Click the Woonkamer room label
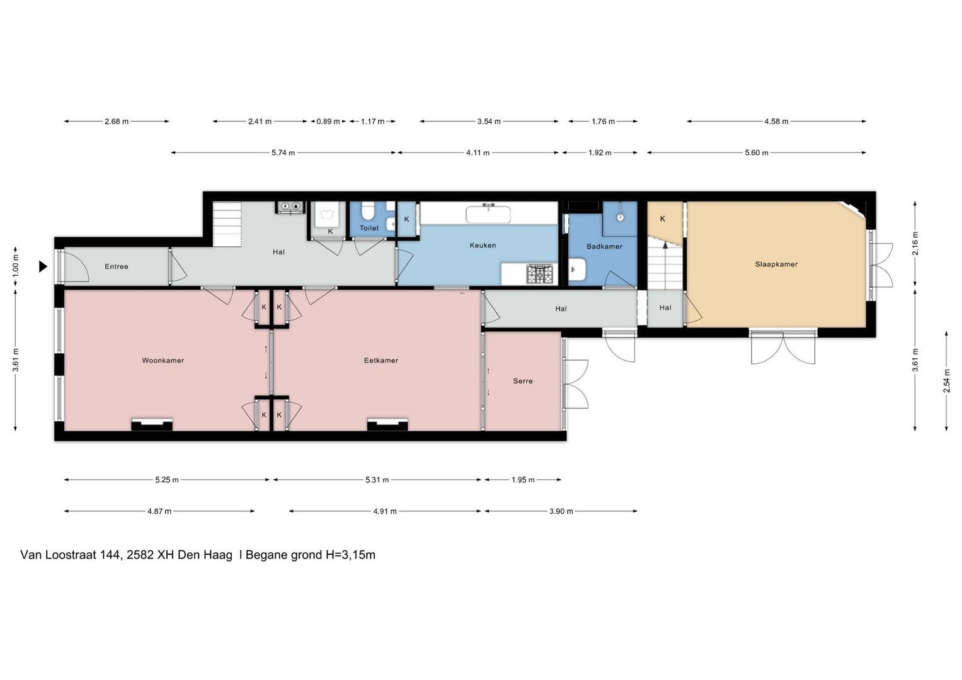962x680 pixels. coord(163,361)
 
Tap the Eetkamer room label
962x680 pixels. coord(381,361)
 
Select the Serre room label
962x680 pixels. coord(523,381)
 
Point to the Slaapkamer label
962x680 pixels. coord(776,264)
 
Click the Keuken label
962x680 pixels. coord(483,246)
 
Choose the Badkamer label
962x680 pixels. coord(604,246)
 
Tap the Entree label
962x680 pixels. coord(117,266)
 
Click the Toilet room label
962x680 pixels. coord(369,229)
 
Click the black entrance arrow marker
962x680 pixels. coord(43,266)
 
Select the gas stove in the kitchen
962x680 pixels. coord(540,274)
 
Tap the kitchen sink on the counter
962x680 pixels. coord(488,214)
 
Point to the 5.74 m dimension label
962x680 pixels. coord(283,153)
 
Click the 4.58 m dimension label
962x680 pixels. coord(776,122)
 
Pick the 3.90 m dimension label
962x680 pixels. coord(561,511)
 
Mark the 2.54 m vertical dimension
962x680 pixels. coord(946,381)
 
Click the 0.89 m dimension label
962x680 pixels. coord(328,122)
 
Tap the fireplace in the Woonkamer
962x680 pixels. coord(152,424)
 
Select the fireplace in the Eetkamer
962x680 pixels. coord(387,424)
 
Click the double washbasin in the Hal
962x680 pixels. coord(290,207)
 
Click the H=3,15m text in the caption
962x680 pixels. coord(350,555)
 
